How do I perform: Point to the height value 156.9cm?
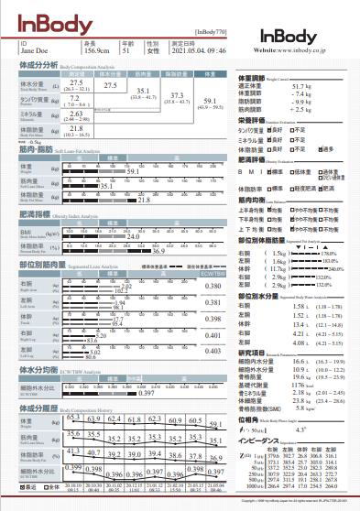point(95,51)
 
